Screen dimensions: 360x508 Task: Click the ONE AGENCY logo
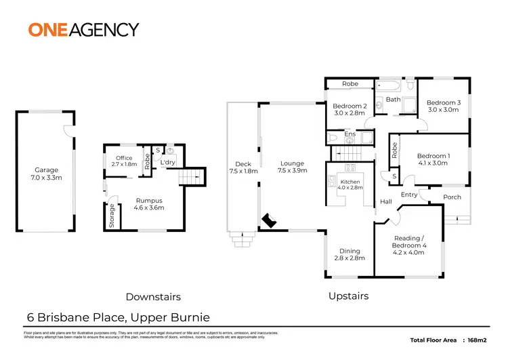[83, 29]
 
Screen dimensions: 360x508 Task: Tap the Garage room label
[47, 174]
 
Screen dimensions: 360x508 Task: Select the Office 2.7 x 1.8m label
[124, 161]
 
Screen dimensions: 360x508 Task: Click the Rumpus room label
[148, 205]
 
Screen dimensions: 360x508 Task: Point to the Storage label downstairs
[112, 216]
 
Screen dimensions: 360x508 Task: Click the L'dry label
[167, 163]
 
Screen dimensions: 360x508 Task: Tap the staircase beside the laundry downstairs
[191, 178]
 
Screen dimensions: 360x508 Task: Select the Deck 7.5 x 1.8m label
[242, 167]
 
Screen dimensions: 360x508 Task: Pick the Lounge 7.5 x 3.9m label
[293, 167]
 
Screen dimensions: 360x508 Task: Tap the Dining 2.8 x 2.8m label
[350, 254]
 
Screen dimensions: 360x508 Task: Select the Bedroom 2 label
[350, 110]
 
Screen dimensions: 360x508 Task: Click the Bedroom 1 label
[433, 159]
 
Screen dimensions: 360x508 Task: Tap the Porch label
[452, 197]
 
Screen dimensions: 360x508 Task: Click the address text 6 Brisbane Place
[75, 317]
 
